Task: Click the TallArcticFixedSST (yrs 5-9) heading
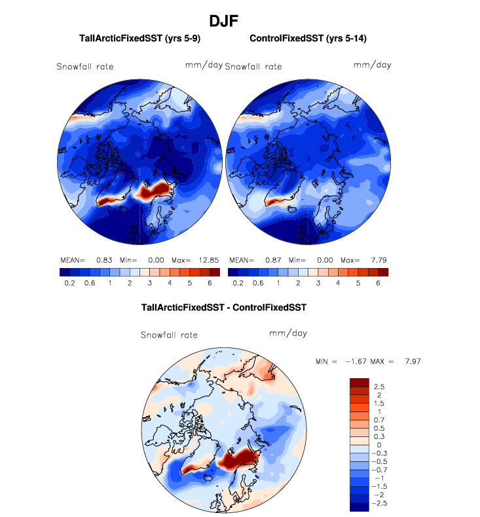(x=132, y=39)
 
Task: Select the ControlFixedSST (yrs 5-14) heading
(x=308, y=39)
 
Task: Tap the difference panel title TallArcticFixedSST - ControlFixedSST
(x=224, y=307)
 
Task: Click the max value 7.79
(x=376, y=259)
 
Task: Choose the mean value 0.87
(x=274, y=259)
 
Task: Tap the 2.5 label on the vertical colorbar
(x=379, y=387)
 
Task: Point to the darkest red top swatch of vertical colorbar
(x=360, y=382)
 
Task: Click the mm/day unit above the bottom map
(x=288, y=334)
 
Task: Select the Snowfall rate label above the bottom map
(x=169, y=335)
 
